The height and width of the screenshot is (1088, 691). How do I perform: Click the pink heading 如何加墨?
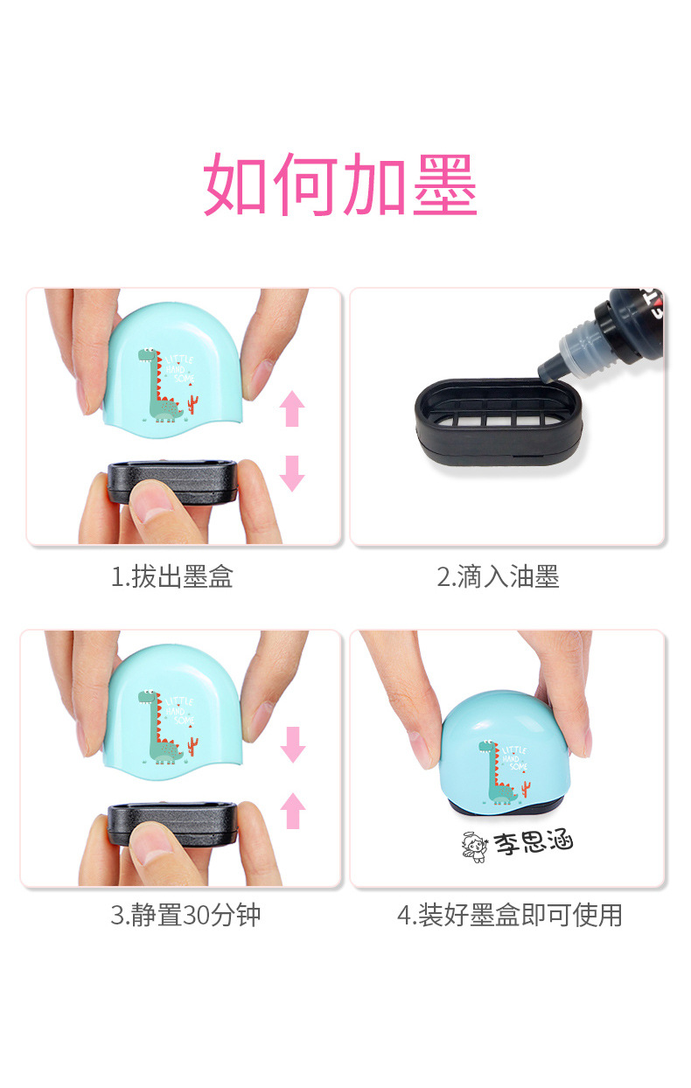340,185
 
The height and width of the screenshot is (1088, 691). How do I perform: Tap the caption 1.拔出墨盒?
171,577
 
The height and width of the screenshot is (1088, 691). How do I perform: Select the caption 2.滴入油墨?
498,577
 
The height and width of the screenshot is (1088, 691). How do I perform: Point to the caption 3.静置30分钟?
185,916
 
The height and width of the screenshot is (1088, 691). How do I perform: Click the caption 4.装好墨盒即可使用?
509,916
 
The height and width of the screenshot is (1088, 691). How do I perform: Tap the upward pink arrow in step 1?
292,408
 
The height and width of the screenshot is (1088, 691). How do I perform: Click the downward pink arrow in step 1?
292,472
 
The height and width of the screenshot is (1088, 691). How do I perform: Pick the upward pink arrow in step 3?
293,811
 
